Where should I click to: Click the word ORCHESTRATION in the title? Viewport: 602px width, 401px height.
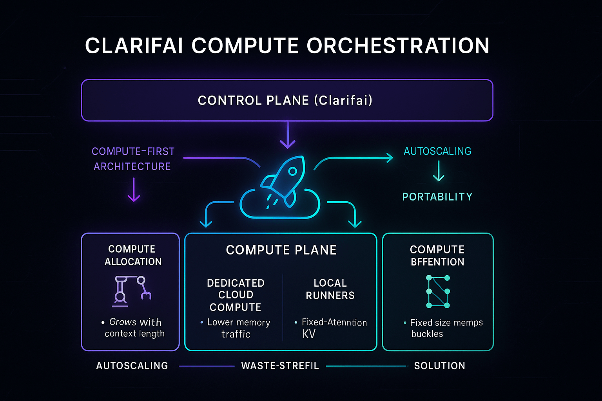click(x=398, y=46)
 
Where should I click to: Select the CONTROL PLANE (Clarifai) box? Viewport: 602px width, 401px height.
click(x=287, y=100)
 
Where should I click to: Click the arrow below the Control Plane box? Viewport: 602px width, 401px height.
click(x=288, y=135)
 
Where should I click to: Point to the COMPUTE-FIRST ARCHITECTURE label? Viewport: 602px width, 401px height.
click(x=133, y=159)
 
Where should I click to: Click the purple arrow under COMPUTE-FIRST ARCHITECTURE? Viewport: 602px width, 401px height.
click(x=134, y=190)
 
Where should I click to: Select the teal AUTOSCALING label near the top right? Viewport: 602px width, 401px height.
click(x=437, y=151)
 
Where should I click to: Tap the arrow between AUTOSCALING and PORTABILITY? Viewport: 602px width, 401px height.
click(x=438, y=172)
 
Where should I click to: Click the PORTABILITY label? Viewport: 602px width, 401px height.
click(x=437, y=197)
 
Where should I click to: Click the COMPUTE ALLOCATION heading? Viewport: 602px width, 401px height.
click(x=132, y=255)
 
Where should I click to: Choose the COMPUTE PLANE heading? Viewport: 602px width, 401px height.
click(x=281, y=250)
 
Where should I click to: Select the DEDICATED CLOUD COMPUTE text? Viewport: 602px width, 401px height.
click(x=236, y=295)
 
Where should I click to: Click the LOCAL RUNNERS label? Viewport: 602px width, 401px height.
click(x=330, y=289)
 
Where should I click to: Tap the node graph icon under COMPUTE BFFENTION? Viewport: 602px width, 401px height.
click(x=438, y=291)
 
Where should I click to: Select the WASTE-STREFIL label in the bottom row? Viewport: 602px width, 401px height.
click(x=280, y=366)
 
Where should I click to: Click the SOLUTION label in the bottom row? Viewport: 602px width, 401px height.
click(x=439, y=366)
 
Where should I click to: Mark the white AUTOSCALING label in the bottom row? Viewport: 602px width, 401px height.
click(x=132, y=366)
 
